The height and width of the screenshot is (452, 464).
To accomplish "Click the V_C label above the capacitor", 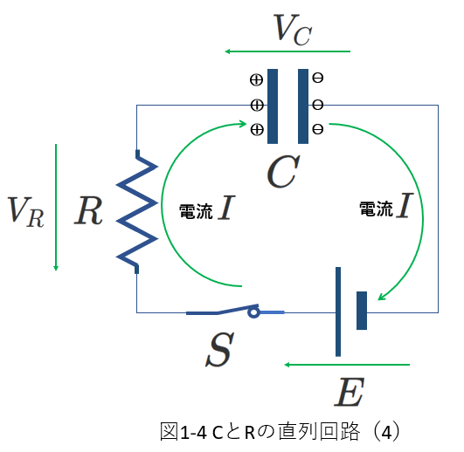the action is [x=293, y=30].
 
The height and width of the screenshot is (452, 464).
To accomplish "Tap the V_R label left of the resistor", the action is [x=26, y=211].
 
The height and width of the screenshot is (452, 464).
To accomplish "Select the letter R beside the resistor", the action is [x=88, y=210].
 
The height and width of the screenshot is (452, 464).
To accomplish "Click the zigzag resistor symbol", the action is [x=136, y=211].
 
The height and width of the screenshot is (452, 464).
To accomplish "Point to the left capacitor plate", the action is [x=273, y=106].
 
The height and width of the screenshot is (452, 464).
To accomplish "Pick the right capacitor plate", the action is [x=303, y=106].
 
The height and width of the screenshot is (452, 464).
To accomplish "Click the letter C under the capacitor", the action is [x=283, y=171].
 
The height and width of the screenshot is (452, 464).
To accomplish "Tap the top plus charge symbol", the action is [x=256, y=79].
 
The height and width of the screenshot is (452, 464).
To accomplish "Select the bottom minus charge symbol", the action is [x=318, y=129].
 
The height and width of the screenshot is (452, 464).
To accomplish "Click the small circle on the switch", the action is [x=253, y=312].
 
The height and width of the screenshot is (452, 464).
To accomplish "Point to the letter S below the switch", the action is [x=219, y=349].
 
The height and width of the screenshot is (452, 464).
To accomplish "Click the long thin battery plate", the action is [x=338, y=312].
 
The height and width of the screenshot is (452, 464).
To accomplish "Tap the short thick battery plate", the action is [x=362, y=311].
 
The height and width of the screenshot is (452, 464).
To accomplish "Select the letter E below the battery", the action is [x=350, y=392].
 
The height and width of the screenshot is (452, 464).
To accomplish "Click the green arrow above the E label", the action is [x=347, y=365].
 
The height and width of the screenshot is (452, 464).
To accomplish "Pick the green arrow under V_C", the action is [x=287, y=51].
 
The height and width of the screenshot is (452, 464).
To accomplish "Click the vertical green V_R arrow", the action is [x=56, y=208].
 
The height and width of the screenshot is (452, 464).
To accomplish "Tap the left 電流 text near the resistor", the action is [x=196, y=211].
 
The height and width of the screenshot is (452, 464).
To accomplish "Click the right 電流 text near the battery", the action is [x=376, y=209].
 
